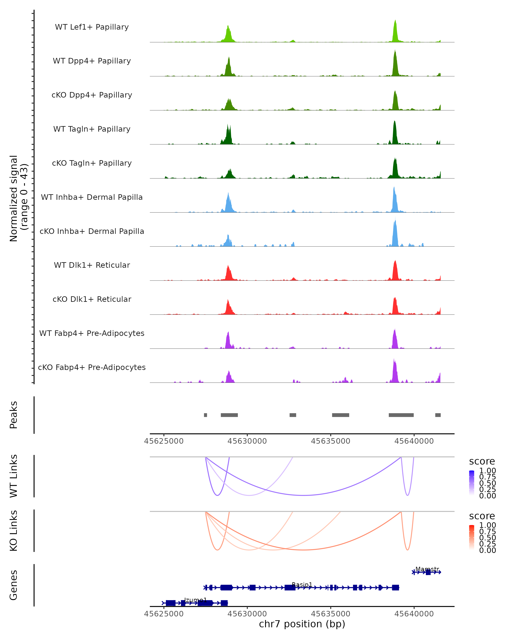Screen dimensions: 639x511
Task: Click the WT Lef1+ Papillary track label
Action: click(x=92, y=27)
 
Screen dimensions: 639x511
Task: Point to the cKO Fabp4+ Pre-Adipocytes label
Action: click(x=92, y=367)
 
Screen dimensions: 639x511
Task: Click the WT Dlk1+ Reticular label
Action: click(x=92, y=265)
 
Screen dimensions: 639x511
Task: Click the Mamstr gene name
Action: click(x=427, y=569)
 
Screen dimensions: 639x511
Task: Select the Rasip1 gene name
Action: click(x=302, y=584)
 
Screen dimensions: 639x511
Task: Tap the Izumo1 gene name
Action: click(x=195, y=600)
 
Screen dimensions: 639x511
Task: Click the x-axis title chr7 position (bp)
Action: click(x=302, y=624)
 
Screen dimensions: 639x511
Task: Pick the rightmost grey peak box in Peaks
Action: click(x=438, y=415)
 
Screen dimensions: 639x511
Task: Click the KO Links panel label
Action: click(x=14, y=531)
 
